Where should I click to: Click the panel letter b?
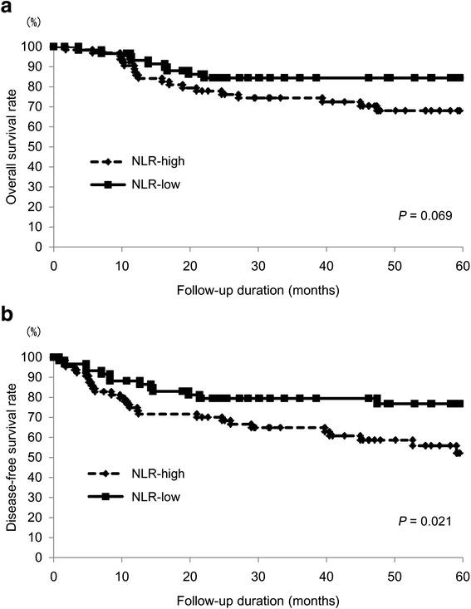click(8, 318)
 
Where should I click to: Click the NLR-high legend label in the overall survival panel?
click(154, 164)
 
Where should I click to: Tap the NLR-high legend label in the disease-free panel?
click(154, 474)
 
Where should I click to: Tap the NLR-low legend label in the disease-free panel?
click(152, 496)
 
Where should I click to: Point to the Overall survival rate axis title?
click(12, 146)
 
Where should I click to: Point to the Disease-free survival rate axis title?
click(12, 456)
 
